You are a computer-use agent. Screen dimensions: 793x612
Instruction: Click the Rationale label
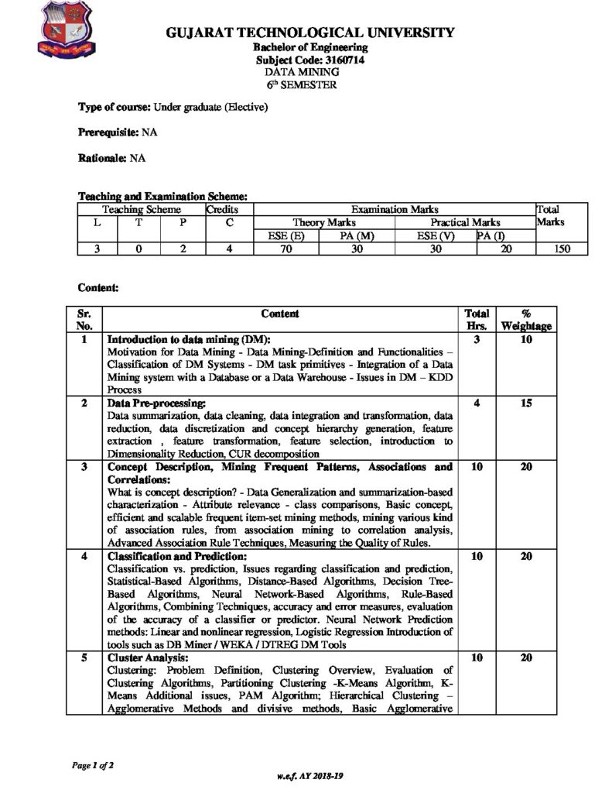(x=103, y=158)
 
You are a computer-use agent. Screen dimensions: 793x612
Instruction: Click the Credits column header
(x=221, y=209)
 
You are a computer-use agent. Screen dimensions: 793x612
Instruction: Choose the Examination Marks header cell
(x=395, y=209)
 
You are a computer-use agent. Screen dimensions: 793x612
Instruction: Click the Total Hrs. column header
(x=477, y=320)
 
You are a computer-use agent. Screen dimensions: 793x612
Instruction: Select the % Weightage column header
(x=526, y=320)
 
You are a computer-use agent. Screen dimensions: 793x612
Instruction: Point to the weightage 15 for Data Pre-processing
(x=526, y=403)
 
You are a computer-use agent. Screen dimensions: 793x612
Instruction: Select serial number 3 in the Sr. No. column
(x=84, y=467)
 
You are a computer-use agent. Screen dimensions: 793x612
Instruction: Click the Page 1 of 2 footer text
(x=93, y=764)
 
